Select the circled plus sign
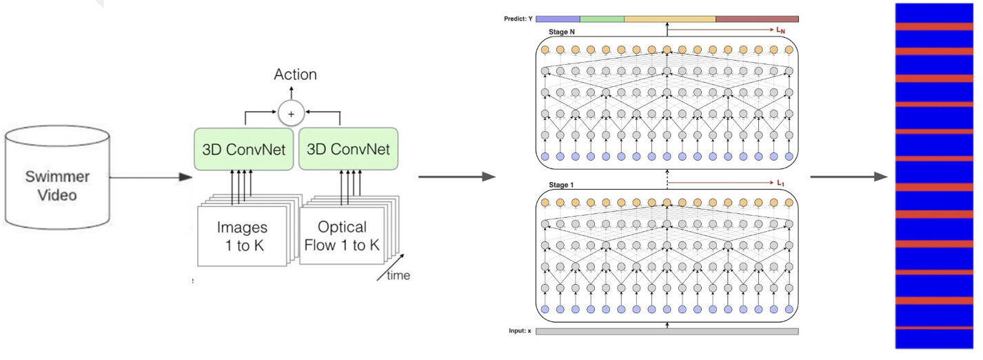point(292,112)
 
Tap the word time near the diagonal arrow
point(397,276)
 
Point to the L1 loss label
point(781,183)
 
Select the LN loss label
point(782,31)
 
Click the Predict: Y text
point(520,19)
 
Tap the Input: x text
point(520,332)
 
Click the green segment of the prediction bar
point(602,19)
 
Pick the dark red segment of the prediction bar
point(757,19)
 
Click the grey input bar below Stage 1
point(667,332)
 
